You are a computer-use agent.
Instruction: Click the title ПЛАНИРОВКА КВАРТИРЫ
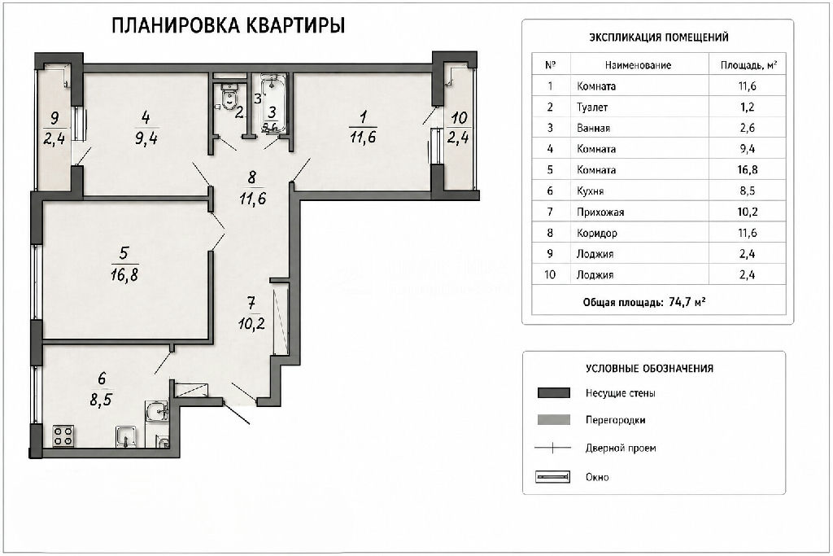pyautogui.click(x=229, y=25)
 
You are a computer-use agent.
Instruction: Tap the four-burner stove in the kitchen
pyautogui.click(x=63, y=436)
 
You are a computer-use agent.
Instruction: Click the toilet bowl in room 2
pyautogui.click(x=229, y=97)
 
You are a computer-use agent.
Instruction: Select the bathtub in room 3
pyautogui.click(x=273, y=102)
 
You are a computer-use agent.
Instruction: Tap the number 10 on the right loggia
pyautogui.click(x=459, y=117)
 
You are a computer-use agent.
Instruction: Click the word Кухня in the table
pyautogui.click(x=591, y=190)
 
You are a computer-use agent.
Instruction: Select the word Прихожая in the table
pyautogui.click(x=600, y=212)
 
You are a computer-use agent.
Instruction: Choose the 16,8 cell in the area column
pyautogui.click(x=747, y=169)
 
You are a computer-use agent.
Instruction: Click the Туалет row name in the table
pyautogui.click(x=592, y=107)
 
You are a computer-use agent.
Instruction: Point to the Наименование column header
pyautogui.click(x=638, y=65)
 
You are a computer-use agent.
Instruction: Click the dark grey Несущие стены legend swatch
pyautogui.click(x=554, y=393)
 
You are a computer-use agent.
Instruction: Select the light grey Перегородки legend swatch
pyautogui.click(x=554, y=420)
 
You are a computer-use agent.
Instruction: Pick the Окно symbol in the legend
pyautogui.click(x=553, y=477)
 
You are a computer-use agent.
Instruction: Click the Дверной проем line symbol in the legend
pyautogui.click(x=552, y=448)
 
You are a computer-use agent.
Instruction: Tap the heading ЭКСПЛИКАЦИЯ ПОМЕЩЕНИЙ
pyautogui.click(x=659, y=37)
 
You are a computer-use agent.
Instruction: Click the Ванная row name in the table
pyautogui.click(x=593, y=128)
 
